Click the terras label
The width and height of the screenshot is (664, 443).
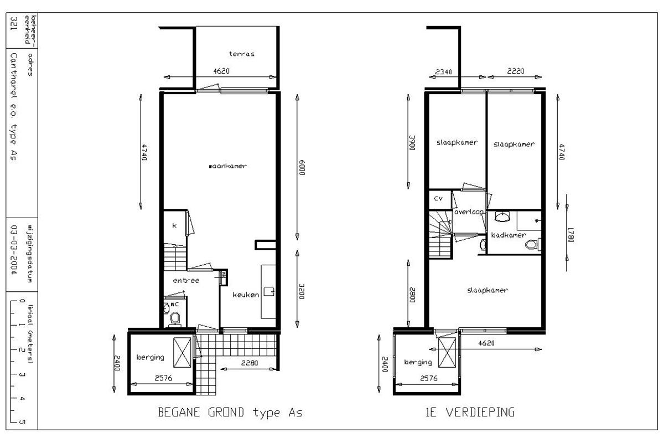(x=242, y=54)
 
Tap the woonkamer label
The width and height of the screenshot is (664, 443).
(x=227, y=166)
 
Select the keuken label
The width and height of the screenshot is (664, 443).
(x=246, y=295)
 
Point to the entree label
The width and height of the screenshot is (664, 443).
(x=186, y=280)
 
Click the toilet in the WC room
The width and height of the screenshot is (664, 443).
(x=175, y=318)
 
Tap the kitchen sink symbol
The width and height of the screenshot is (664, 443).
(x=269, y=291)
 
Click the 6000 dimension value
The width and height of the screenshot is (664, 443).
(x=302, y=168)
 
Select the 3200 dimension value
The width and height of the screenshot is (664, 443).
(x=302, y=291)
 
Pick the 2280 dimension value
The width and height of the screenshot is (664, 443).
(x=250, y=363)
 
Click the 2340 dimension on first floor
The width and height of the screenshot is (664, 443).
(x=443, y=71)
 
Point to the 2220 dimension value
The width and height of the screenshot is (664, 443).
(x=516, y=71)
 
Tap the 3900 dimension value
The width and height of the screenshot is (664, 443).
(x=412, y=143)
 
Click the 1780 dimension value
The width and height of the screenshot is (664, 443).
(x=570, y=235)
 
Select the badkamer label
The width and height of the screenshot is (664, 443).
(x=509, y=235)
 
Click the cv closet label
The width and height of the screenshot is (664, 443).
(x=438, y=198)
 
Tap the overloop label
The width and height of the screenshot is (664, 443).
(x=469, y=212)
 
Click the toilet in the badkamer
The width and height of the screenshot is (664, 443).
(x=532, y=245)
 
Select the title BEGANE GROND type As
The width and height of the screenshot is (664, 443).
(x=230, y=413)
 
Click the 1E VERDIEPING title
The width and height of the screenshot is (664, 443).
(x=470, y=412)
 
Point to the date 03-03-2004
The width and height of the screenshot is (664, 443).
(x=14, y=250)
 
